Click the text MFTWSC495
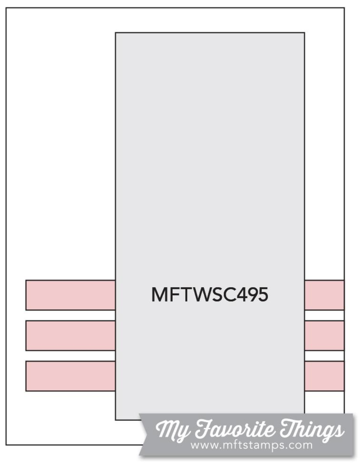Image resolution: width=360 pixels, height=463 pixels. tap(210, 295)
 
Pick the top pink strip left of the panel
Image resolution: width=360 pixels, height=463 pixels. tap(70, 295)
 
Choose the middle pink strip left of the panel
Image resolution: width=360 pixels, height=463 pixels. tap(70, 336)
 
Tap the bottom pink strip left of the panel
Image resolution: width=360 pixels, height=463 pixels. tap(70, 376)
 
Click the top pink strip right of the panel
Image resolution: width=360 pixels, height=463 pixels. tap(324, 295)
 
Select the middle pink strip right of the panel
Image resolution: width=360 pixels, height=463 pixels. tap(324, 336)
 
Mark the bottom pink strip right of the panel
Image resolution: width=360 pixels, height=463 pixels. tap(324, 376)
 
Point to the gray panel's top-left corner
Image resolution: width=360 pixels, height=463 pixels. tap(115, 33)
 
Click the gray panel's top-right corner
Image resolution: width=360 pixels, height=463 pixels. tap(304, 33)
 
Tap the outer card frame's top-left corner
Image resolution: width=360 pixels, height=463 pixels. tap(6, 8)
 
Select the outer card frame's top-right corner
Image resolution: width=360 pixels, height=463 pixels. tap(344, 8)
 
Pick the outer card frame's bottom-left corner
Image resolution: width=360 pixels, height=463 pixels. tap(6, 445)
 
